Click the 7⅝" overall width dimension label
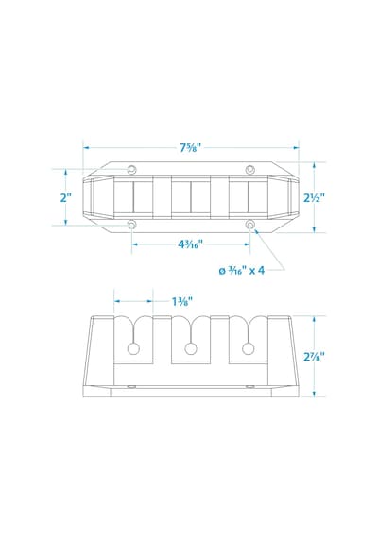pos(190,148)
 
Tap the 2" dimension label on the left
pos(65,197)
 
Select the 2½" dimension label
pos(314,198)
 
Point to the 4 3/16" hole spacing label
pos(190,244)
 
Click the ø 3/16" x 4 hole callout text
pos(242,270)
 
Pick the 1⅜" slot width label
pos(181,302)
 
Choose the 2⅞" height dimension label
pos(314,357)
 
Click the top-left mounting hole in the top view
pos(131,169)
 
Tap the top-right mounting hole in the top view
pos(250,169)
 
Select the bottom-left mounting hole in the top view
pos(131,225)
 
